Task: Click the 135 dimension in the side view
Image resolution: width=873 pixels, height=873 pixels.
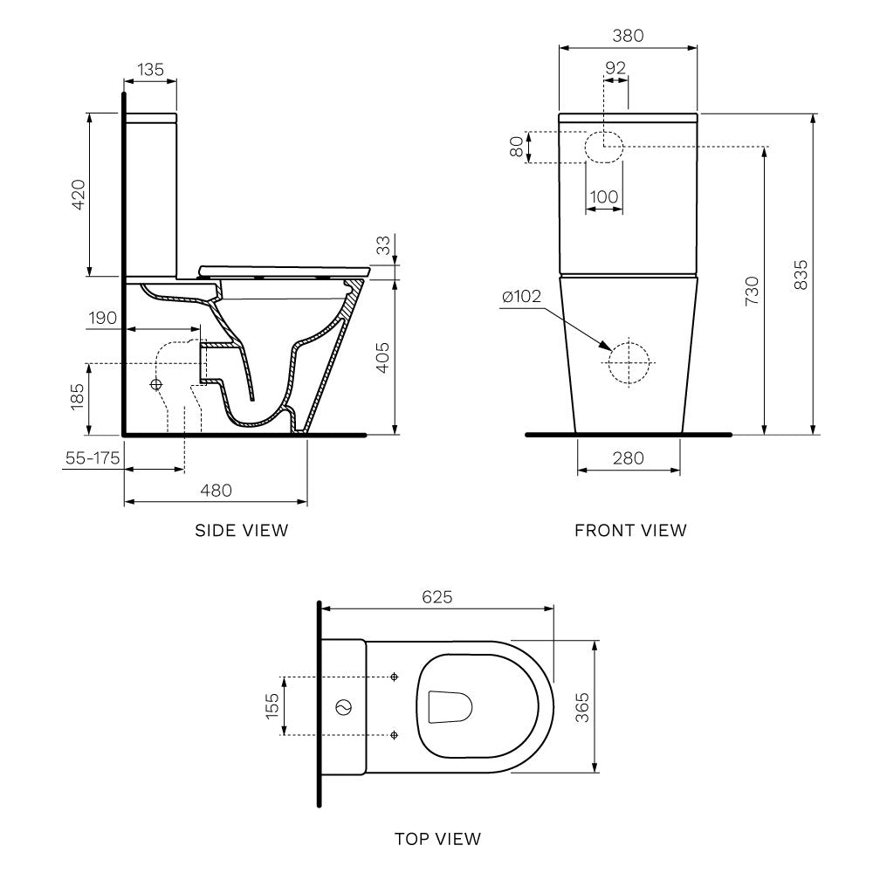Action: coord(150,70)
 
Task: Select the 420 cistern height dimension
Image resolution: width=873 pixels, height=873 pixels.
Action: coord(78,195)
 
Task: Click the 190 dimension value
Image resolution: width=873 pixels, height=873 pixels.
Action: coord(102,318)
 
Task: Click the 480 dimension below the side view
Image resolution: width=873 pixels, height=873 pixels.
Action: coord(216,491)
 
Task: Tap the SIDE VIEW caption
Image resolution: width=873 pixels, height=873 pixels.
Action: coord(241,530)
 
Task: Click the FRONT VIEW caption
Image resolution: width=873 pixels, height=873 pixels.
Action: coord(630,530)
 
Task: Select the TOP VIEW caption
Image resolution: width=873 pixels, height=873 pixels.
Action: coord(436,839)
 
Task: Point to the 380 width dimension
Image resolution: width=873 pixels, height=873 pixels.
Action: coord(628,36)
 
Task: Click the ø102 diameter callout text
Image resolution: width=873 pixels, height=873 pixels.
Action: coord(521,297)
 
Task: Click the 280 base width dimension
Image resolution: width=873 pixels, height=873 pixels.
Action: coord(629,457)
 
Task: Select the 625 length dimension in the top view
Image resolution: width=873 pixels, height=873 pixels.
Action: coord(436,597)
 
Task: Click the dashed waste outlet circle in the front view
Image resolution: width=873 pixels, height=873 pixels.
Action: coord(629,361)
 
